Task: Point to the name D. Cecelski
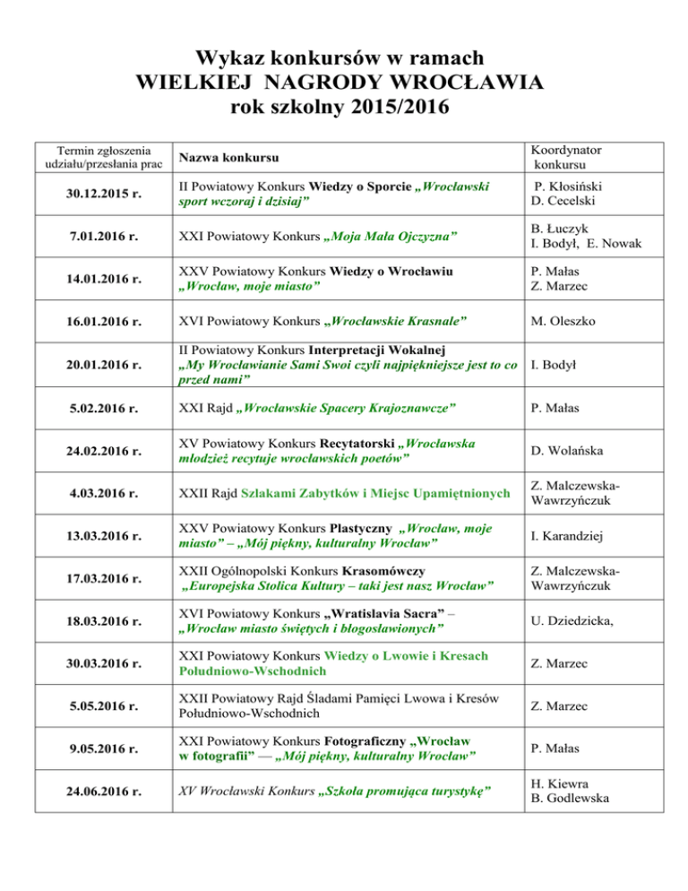point(568,205)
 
